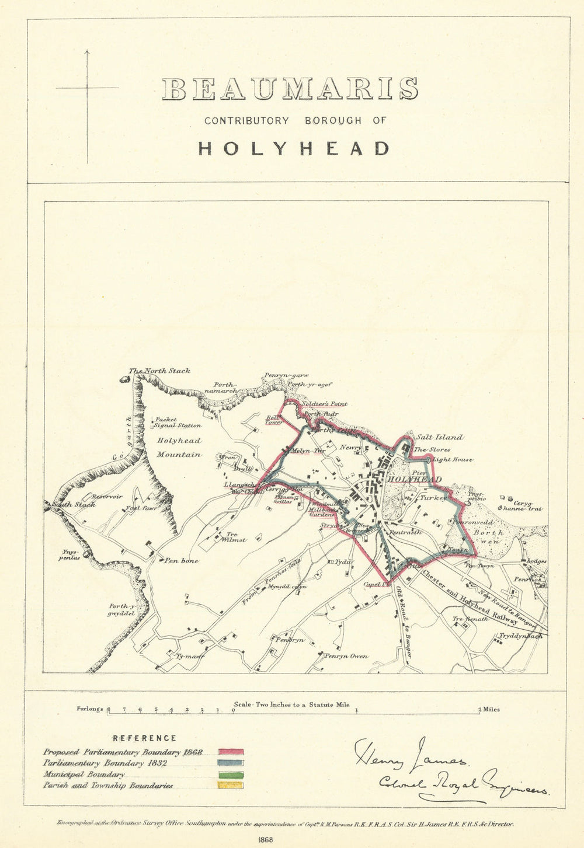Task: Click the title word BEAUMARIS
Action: [290, 89]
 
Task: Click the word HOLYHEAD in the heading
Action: [294, 148]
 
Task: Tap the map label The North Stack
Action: [159, 371]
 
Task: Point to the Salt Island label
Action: [439, 437]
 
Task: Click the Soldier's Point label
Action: [325, 403]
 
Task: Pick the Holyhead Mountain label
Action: [179, 448]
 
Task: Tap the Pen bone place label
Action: [181, 561]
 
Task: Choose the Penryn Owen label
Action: [346, 656]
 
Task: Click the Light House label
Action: [453, 460]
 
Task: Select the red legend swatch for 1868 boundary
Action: [231, 752]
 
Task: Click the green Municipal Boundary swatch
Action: [231, 774]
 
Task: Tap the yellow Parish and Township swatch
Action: [231, 786]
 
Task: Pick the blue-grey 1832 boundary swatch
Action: [231, 763]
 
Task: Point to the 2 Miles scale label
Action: [488, 710]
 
